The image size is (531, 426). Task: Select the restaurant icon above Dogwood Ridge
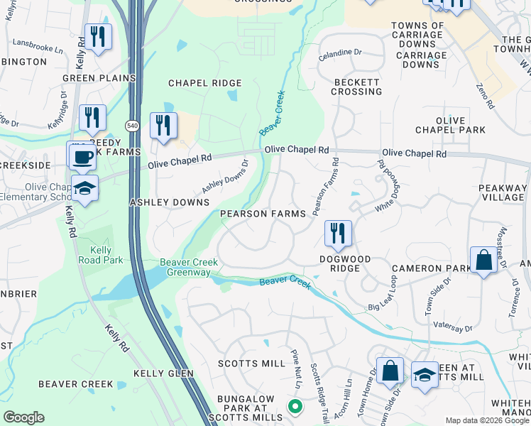pos(338,234)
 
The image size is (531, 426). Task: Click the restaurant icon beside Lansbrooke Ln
pos(98,37)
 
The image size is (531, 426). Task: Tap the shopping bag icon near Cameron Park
pos(483,260)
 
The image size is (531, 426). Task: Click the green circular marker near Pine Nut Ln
pos(295,406)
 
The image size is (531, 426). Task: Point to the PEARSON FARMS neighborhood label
pos(263,214)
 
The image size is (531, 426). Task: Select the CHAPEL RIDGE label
pos(204,83)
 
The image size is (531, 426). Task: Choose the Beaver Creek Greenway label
pos(185,267)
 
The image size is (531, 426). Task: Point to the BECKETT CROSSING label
pos(356,87)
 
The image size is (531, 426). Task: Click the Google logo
pos(24,417)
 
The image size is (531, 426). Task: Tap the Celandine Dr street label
pos(341,53)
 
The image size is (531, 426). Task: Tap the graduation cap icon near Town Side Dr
pos(425,376)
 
